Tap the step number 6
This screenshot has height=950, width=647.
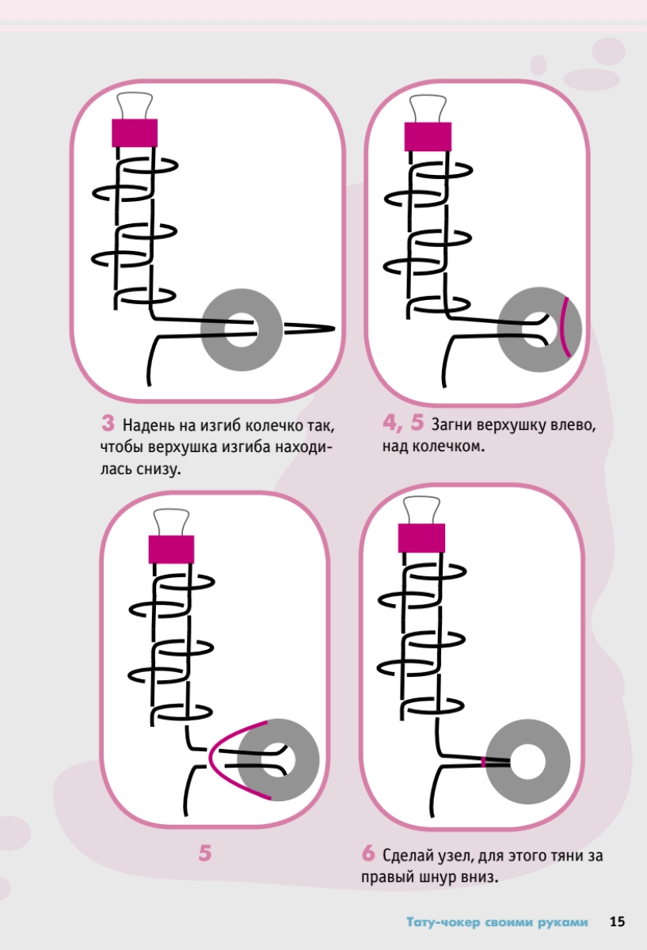point(367,854)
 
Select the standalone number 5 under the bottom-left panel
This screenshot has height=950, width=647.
point(205,853)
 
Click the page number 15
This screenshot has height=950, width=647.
point(617,921)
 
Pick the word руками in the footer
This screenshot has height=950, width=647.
point(565,922)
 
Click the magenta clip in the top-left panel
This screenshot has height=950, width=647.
point(135,132)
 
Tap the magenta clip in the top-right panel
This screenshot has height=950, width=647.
point(428,136)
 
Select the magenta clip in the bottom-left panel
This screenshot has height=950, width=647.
point(171,549)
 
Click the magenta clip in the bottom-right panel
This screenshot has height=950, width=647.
point(421,538)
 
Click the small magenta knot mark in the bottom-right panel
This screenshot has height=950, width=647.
point(482,762)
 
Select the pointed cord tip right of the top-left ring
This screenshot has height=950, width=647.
point(329,328)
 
